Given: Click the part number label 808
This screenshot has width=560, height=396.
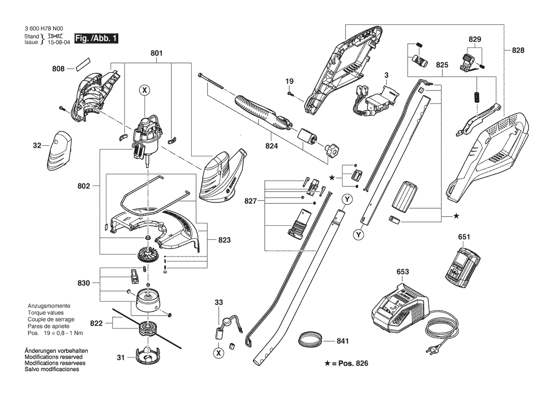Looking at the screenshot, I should (58, 68).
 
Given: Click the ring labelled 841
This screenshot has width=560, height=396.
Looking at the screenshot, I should (309, 339).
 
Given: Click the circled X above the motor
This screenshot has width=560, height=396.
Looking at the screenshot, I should (145, 90).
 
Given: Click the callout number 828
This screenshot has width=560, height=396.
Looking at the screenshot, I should (518, 50).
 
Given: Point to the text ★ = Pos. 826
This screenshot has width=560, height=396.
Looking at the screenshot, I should (346, 363).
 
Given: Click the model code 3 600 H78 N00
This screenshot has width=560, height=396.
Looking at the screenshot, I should (43, 29).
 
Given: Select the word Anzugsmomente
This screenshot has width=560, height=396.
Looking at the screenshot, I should (49, 306).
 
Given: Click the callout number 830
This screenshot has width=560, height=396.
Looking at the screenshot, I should (83, 283).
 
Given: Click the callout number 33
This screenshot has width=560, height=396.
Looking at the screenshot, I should (218, 302).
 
